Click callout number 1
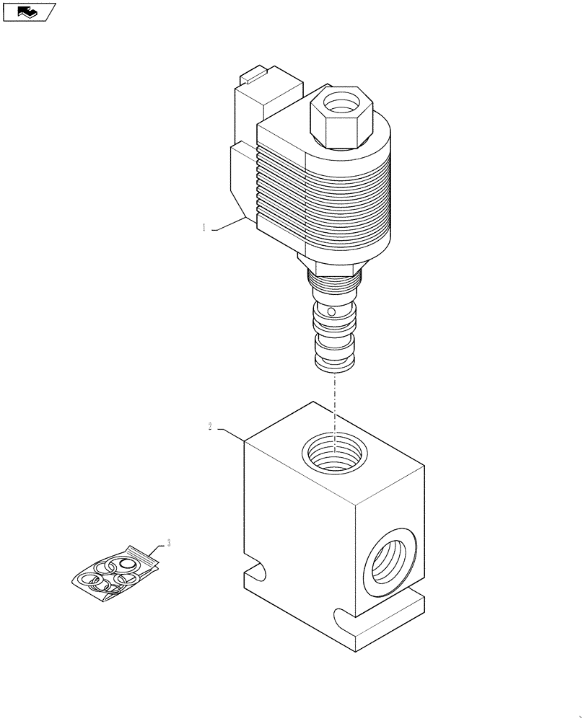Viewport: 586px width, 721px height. [x=204, y=228]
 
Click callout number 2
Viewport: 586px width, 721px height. [x=210, y=427]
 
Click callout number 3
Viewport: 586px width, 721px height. [x=169, y=542]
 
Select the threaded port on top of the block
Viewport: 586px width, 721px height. [x=333, y=456]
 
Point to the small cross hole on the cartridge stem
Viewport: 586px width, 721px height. [x=331, y=312]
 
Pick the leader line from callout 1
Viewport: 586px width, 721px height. [x=229, y=225]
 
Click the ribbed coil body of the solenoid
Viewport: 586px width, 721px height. [x=339, y=202]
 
